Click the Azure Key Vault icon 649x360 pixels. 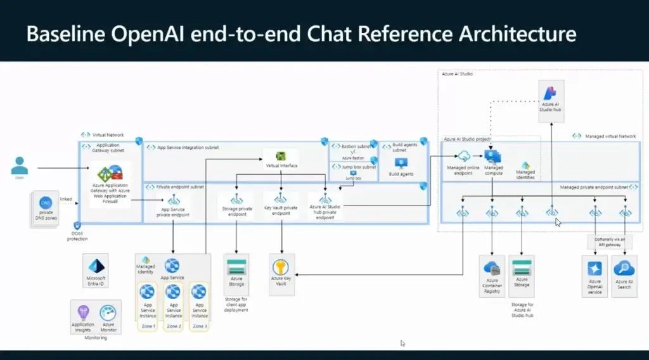point(280,267)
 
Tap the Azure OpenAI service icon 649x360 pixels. point(594,268)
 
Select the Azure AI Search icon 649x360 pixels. point(623,268)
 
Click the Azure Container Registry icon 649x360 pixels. point(492,268)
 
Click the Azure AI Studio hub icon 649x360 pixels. point(550,93)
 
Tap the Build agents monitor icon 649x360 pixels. point(401,163)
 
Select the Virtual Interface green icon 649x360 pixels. point(281,156)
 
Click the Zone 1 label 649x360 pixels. point(147,326)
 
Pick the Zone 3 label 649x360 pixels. point(200,326)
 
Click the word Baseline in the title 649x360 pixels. point(60,33)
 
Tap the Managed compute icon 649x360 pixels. point(493,157)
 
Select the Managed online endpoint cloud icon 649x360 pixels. point(464,157)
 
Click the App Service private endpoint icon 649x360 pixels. point(173,200)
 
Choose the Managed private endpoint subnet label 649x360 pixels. point(594,188)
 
